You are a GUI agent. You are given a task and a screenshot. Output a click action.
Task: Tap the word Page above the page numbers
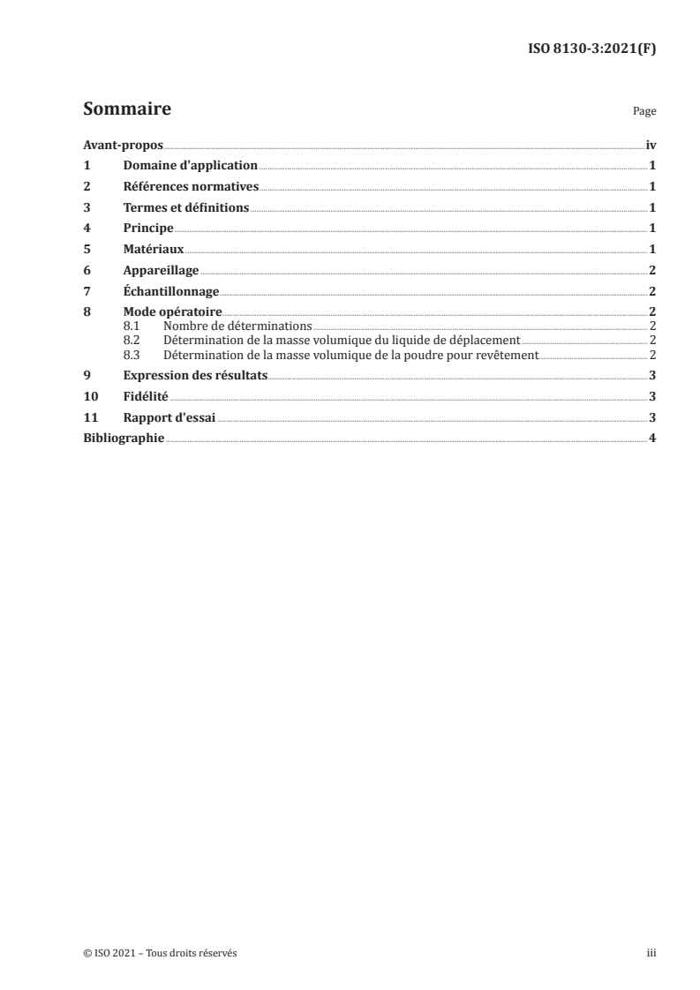[x=644, y=112]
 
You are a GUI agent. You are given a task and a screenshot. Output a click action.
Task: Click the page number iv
[x=651, y=145]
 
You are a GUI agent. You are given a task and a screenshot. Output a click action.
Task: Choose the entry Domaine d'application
[x=190, y=165]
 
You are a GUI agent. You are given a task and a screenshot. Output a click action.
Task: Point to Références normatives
[x=191, y=186]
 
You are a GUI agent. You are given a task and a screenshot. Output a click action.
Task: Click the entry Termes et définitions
[x=186, y=207]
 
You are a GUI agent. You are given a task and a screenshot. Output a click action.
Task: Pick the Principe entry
[x=148, y=228]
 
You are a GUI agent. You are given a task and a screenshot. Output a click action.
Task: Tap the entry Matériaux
[x=154, y=249]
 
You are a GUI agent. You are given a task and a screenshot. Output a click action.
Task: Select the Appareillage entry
[x=161, y=271]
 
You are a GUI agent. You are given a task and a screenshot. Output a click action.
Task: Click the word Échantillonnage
[x=170, y=291]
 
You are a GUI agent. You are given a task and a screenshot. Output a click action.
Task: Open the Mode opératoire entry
[x=172, y=312]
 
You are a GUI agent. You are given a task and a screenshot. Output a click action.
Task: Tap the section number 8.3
[x=132, y=355]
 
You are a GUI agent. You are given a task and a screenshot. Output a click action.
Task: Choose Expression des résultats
[x=195, y=375]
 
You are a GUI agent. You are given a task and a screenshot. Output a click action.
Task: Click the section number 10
[x=89, y=396]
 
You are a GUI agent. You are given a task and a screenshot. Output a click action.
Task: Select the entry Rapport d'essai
[x=169, y=417]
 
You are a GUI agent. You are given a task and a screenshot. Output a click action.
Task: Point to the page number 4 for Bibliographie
[x=651, y=439]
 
